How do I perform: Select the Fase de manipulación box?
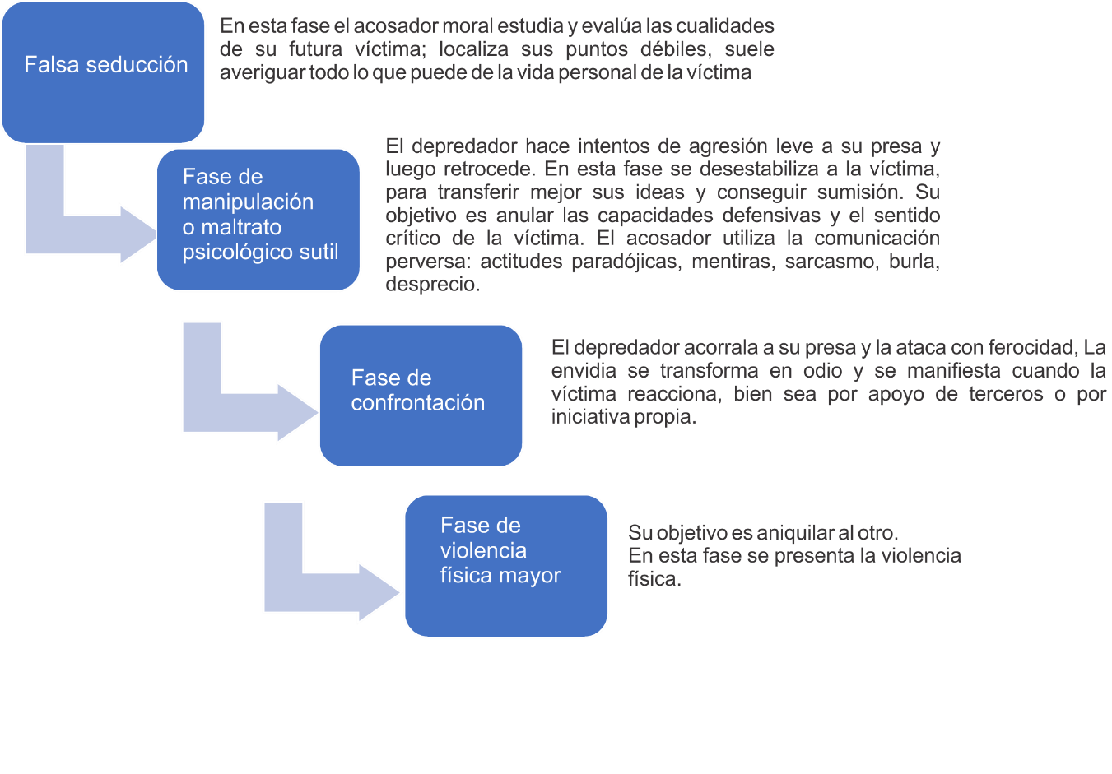pyautogui.click(x=258, y=219)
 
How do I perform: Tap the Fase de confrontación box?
pyautogui.click(x=421, y=395)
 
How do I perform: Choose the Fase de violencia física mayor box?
pyautogui.click(x=505, y=566)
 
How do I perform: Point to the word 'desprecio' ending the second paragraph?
pyautogui.click(x=431, y=285)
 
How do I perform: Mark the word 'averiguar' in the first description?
pyautogui.click(x=261, y=72)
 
